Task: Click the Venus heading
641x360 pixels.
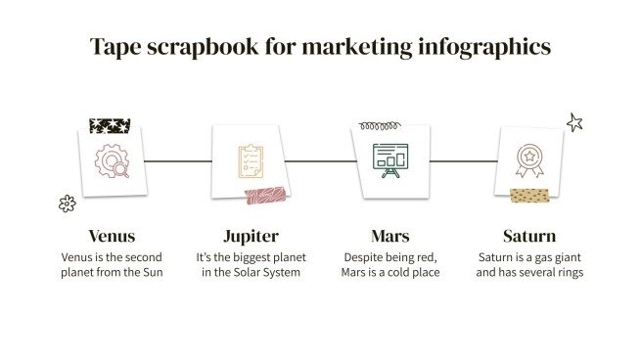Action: (111, 236)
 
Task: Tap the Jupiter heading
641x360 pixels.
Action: (252, 236)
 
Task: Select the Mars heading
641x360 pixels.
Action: (389, 236)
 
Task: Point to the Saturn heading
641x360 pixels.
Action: (529, 236)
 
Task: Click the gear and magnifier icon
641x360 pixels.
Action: (112, 159)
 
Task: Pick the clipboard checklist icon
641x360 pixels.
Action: (251, 159)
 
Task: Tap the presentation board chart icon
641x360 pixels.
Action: (389, 159)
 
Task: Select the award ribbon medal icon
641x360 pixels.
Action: (529, 159)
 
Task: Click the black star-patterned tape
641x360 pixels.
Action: (110, 125)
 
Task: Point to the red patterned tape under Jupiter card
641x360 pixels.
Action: (266, 196)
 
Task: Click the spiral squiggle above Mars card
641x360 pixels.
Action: (381, 125)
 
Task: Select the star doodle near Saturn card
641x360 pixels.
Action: (574, 122)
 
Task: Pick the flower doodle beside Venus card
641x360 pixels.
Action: (67, 203)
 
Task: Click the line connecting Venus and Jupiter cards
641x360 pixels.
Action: (178, 160)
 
